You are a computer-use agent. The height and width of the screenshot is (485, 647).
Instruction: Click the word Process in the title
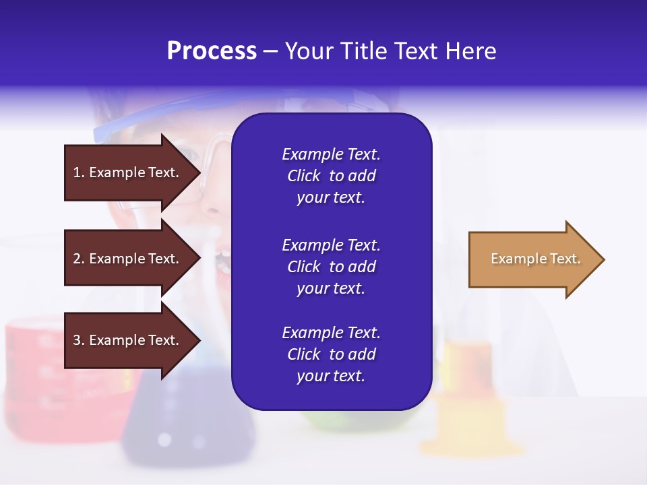tap(212, 51)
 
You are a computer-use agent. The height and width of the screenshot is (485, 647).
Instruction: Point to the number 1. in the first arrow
tap(79, 172)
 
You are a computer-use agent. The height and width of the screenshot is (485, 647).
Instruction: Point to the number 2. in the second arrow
tap(79, 259)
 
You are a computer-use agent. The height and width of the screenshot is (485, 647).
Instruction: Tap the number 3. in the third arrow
tap(79, 340)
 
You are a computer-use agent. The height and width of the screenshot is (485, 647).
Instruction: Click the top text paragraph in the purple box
tap(331, 176)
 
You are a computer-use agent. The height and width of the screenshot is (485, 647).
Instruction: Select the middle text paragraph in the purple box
tap(331, 267)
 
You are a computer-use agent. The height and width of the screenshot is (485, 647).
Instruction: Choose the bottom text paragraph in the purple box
tap(331, 354)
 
